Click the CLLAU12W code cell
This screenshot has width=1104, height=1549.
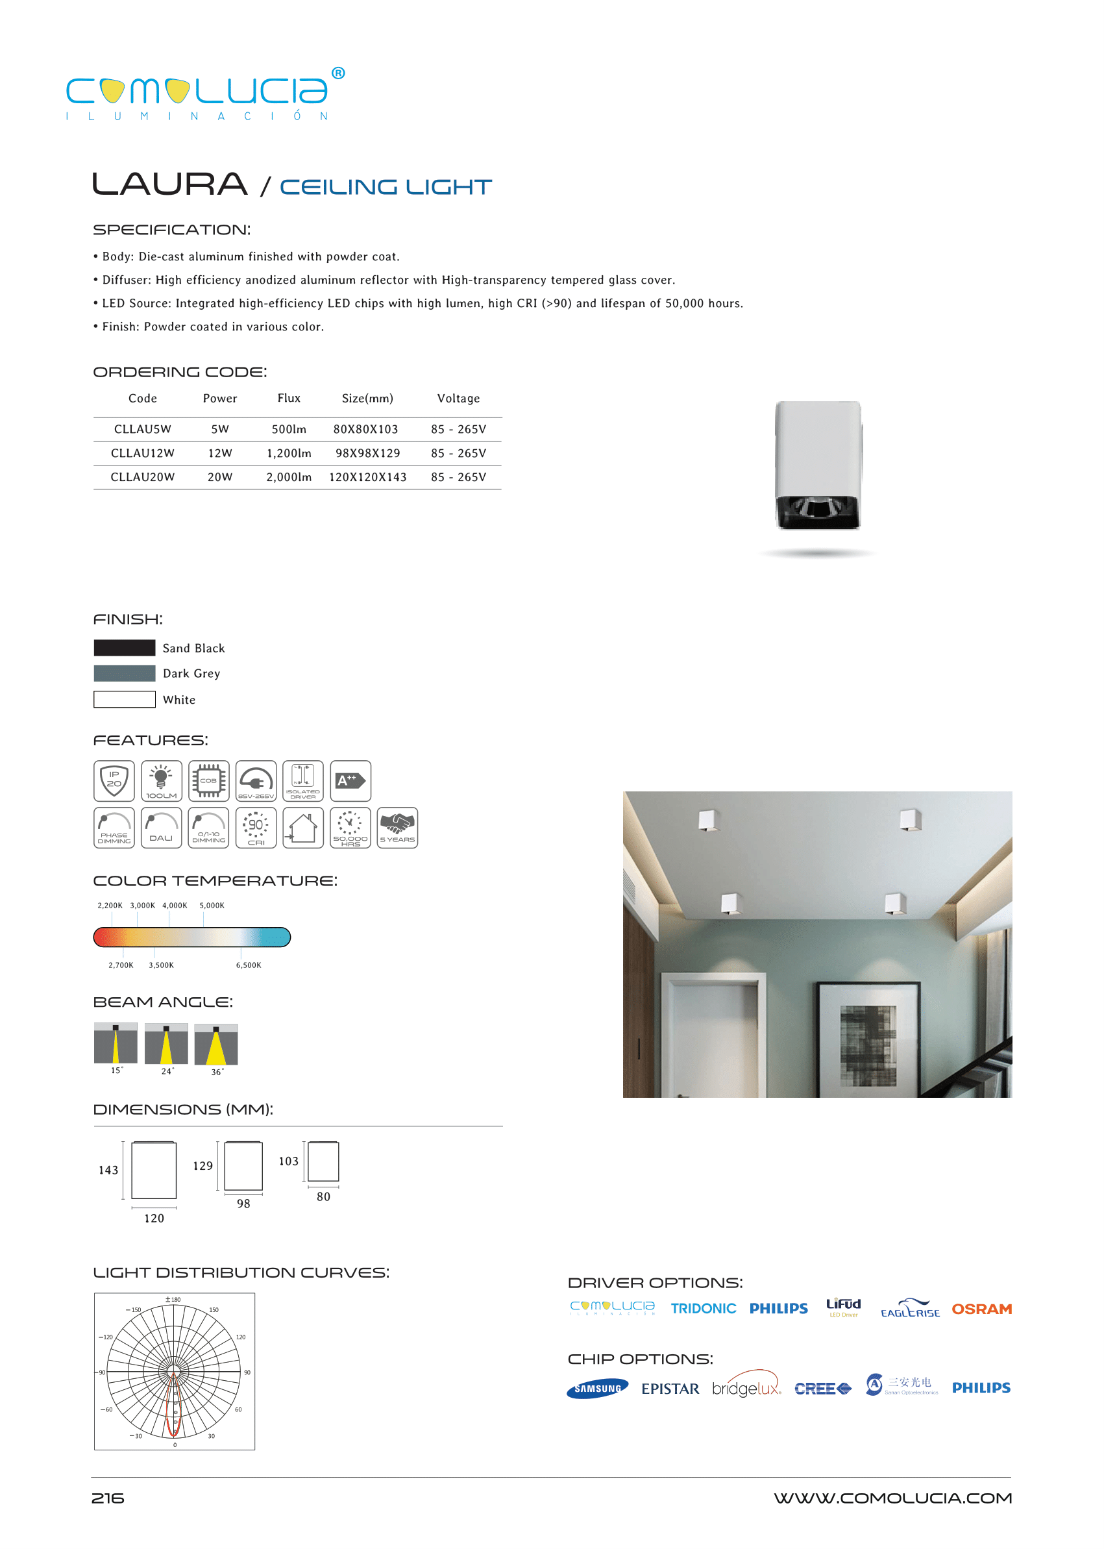[142, 453]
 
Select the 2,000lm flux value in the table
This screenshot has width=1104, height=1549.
[289, 477]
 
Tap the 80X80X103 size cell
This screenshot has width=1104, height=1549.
[366, 429]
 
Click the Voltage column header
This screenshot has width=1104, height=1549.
[458, 399]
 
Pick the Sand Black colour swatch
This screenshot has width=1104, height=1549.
[125, 648]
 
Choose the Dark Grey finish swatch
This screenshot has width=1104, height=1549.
[125, 673]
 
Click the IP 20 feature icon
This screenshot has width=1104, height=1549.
[114, 780]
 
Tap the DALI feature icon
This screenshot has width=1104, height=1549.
[161, 828]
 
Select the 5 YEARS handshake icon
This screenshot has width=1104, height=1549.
[397, 828]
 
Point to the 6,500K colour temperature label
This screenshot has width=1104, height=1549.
[248, 965]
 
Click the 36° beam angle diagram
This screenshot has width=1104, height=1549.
[216, 1045]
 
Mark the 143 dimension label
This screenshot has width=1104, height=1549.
[108, 1171]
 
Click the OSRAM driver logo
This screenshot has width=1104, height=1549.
[981, 1309]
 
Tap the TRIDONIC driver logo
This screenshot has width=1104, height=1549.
[703, 1308]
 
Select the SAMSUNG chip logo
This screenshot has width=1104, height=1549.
[597, 1389]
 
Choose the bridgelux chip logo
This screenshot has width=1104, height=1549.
[746, 1388]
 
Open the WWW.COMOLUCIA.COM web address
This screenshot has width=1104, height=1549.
[892, 1498]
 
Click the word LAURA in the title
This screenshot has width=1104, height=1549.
[169, 184]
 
